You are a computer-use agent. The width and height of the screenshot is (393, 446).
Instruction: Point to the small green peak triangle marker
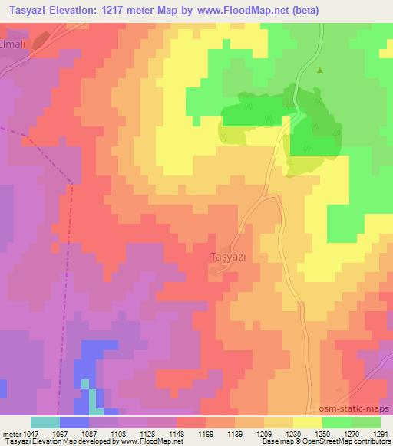[x=320, y=71]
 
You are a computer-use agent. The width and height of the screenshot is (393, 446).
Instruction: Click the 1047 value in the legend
[x=29, y=433]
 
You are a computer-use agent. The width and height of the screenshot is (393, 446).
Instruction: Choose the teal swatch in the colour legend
[x=45, y=422]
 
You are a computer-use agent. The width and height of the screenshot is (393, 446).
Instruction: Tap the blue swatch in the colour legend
[x=74, y=422]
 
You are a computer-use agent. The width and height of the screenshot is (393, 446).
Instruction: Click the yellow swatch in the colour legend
[x=307, y=422]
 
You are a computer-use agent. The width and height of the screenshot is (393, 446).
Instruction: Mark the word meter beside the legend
[x=10, y=433]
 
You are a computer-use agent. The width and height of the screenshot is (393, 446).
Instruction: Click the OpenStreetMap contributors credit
[x=339, y=441]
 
